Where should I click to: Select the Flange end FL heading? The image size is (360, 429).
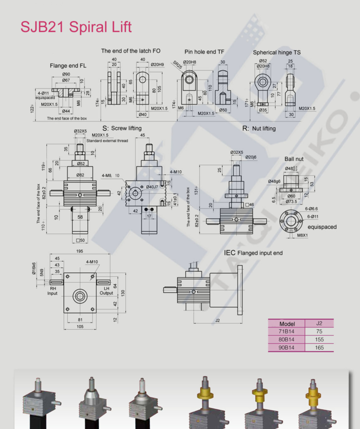click(68, 66)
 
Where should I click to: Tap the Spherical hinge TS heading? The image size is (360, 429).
click(277, 53)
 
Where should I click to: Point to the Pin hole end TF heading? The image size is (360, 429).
click(204, 52)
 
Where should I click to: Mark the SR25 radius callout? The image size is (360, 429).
click(177, 65)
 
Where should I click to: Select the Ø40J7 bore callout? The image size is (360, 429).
click(152, 187)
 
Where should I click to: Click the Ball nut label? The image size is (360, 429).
click(294, 159)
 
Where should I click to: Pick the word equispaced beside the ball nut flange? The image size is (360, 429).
click(322, 227)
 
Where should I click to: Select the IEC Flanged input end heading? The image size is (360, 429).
click(253, 253)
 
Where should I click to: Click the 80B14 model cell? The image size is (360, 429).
click(286, 339)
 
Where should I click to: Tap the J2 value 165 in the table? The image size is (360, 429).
click(319, 347)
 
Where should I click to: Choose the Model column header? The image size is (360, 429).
click(286, 324)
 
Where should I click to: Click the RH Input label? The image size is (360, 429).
click(52, 290)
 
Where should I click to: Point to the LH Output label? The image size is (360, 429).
click(106, 290)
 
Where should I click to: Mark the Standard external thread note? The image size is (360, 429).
click(107, 141)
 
